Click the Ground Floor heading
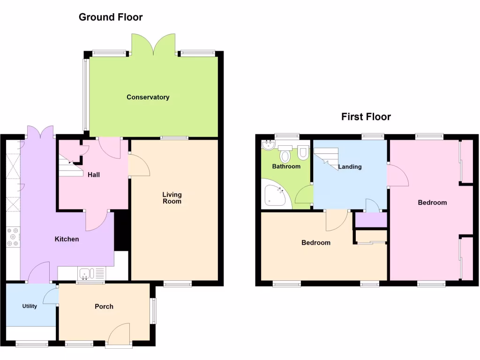pyautogui.click(x=111, y=17)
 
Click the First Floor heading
pyautogui.click(x=366, y=117)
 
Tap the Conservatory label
pyautogui.click(x=148, y=97)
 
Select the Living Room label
pyautogui.click(x=172, y=198)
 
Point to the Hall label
pyautogui.click(x=93, y=175)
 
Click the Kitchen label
pyautogui.click(x=67, y=239)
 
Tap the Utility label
pyautogui.click(x=30, y=307)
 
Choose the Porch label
pyautogui.click(x=104, y=307)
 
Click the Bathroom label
pyautogui.click(x=286, y=166)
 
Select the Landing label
pyautogui.click(x=350, y=166)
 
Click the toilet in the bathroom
pyautogui.click(x=303, y=152)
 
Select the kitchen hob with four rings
pyautogui.click(x=13, y=237)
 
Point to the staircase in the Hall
pyautogui.click(x=68, y=166)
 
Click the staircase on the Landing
pyautogui.click(x=326, y=157)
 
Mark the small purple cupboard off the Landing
pyautogui.click(x=371, y=220)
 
